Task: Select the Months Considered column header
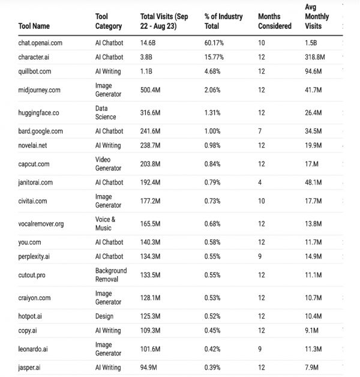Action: [x=274, y=22]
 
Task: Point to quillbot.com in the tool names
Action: [x=37, y=71]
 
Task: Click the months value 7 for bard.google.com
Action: [x=260, y=131]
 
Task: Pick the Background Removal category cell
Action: [x=111, y=275]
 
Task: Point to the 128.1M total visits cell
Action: [x=151, y=298]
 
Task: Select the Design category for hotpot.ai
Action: [x=104, y=316]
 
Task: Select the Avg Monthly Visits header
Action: [x=317, y=17]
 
